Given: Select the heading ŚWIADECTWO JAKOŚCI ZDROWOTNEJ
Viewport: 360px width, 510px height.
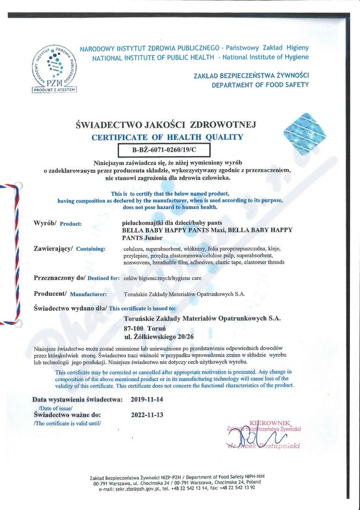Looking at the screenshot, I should [x=165, y=124].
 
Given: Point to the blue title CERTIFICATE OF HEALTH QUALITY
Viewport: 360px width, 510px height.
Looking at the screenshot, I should [x=167, y=137].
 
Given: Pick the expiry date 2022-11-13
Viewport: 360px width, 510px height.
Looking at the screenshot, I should [x=147, y=414].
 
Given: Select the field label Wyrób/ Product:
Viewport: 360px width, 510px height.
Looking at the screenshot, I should [x=58, y=223].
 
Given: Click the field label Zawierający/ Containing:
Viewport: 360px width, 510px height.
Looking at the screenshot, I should [x=70, y=249].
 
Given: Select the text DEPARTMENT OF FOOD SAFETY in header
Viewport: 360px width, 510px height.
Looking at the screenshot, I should [x=260, y=85].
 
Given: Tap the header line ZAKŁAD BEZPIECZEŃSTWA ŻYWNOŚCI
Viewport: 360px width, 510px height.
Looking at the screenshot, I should [x=251, y=76].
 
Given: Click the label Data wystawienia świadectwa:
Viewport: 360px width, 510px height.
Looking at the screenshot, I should [x=77, y=399].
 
